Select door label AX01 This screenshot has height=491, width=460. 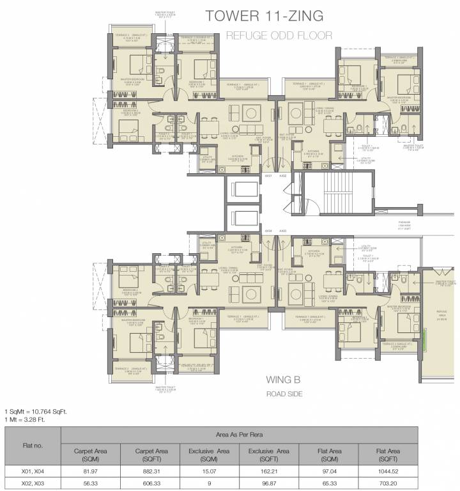click(269, 175)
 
